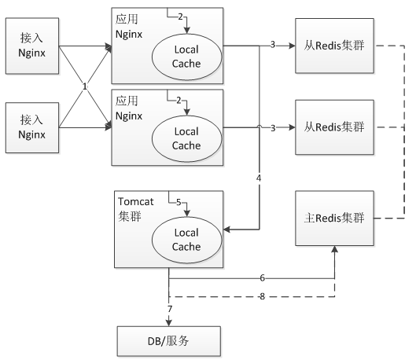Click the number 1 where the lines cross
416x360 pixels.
point(85,86)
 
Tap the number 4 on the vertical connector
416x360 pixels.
point(259,178)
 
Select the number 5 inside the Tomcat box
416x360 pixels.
point(179,203)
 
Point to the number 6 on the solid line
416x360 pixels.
point(262,277)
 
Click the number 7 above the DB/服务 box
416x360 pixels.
point(170,309)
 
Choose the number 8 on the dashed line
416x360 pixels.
point(262,296)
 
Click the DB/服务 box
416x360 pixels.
point(169,341)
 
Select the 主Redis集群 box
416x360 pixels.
point(334,218)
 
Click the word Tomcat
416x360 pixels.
point(136,202)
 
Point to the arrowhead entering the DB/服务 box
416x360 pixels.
point(169,322)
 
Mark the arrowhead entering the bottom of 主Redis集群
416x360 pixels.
point(334,249)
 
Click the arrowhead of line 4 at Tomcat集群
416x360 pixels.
point(227,230)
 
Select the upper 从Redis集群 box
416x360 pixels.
point(334,46)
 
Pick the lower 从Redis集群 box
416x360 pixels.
point(334,127)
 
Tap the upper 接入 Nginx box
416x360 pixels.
point(32,46)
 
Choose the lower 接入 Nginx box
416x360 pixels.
point(32,128)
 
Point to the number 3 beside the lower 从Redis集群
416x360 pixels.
point(273,128)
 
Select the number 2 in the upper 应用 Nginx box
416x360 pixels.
point(180,17)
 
